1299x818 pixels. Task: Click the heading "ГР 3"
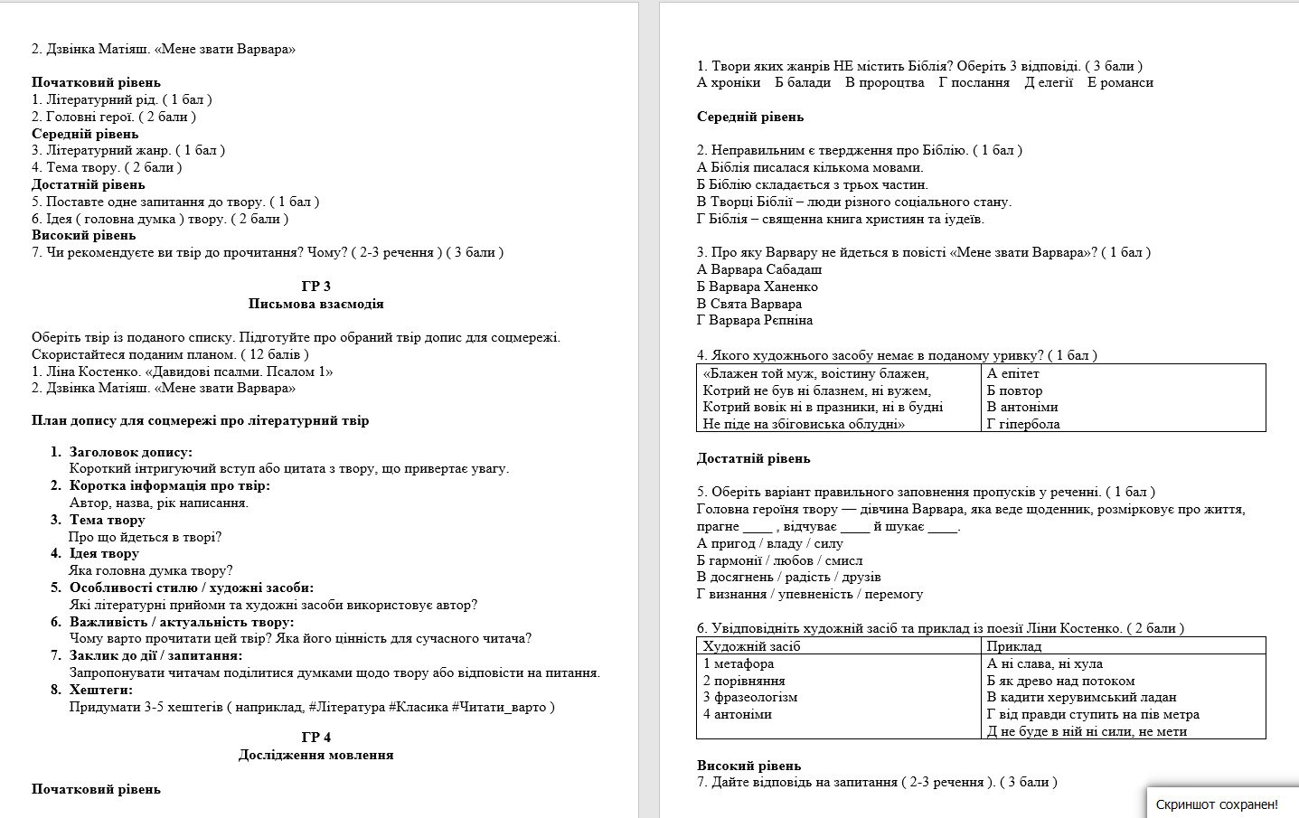[315, 287]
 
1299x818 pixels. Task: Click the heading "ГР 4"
[315, 738]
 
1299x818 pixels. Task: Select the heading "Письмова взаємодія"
[315, 304]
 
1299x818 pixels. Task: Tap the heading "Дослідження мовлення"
[315, 755]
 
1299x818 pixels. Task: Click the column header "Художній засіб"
[751, 646]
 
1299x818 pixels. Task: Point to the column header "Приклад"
[1013, 646]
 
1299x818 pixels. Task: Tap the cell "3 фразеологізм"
[749, 697]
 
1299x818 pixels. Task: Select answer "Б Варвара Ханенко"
[757, 287]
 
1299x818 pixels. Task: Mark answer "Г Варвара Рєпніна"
[754, 320]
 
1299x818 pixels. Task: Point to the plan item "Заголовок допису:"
[130, 452]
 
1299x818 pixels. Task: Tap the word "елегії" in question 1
[1055, 82]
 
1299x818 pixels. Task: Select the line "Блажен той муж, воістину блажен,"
[816, 373]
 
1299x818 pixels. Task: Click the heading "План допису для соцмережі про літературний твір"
[200, 420]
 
